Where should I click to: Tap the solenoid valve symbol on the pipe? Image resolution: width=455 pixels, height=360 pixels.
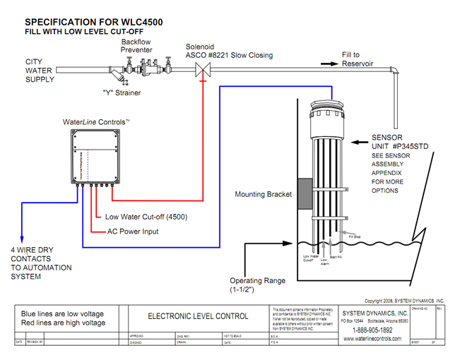point(202,70)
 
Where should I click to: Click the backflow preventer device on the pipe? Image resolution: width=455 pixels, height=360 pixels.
point(138,68)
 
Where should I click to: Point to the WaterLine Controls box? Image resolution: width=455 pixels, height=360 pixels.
point(102,157)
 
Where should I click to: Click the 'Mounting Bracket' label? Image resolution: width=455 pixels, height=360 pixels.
point(264,194)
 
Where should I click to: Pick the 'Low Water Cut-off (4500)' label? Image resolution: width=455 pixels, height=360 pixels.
point(146,217)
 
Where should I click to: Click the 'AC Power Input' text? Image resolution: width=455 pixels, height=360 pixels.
point(132,231)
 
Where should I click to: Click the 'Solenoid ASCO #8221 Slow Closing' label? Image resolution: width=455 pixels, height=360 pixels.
point(229,50)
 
